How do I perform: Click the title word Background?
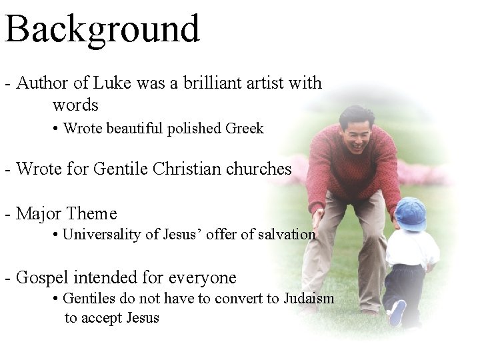(102, 30)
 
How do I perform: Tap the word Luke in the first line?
(113, 83)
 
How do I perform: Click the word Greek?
(245, 129)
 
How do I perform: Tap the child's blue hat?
(411, 213)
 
